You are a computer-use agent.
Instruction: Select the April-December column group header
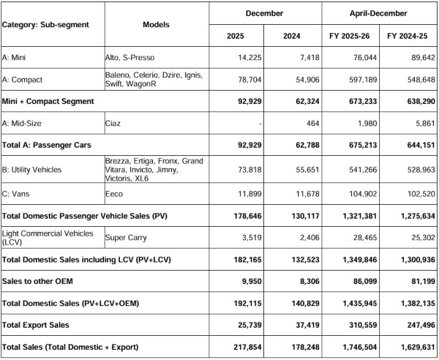[x=380, y=14]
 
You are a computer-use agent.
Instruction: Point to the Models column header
[x=157, y=25]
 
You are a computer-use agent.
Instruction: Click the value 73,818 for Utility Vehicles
[x=234, y=170]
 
